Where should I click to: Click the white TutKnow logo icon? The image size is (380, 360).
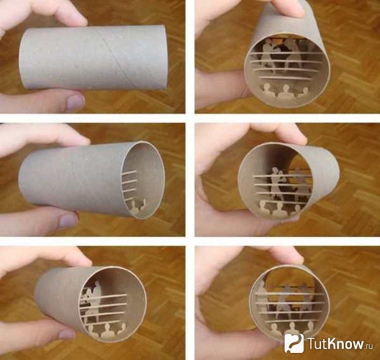tap(294, 343)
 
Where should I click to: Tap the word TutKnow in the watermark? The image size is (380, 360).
tap(336, 343)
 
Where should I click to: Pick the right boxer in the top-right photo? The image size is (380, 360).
tap(292, 54)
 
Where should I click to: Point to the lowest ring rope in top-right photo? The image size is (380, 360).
tap(286, 78)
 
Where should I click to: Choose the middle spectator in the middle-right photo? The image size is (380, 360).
tap(279, 209)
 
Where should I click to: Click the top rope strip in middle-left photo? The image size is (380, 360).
tap(129, 173)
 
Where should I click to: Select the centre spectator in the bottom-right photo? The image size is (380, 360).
tap(292, 331)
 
